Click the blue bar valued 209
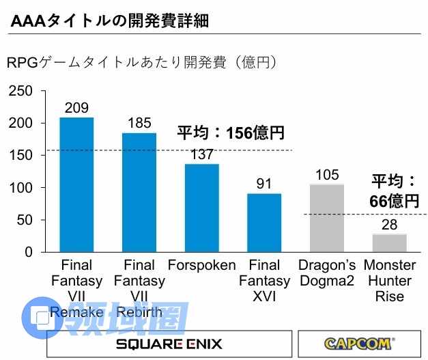click(x=76, y=184)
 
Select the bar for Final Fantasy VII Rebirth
click(x=139, y=192)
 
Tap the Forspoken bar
click(x=201, y=208)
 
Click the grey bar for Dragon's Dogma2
click(x=327, y=218)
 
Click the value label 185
click(x=139, y=124)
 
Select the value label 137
click(x=201, y=154)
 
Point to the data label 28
click(x=389, y=225)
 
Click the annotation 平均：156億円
click(x=230, y=133)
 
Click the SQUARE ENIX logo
click(x=168, y=344)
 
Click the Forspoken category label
click(x=201, y=265)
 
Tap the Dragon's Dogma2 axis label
click(x=327, y=273)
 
